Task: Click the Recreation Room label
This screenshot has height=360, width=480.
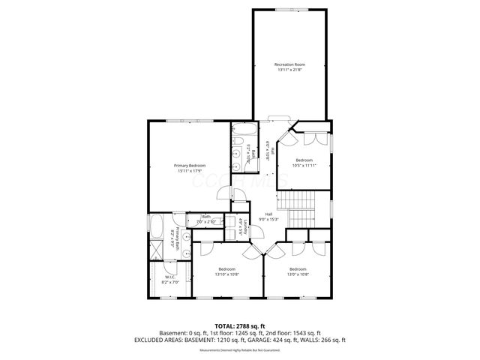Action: (x=289, y=65)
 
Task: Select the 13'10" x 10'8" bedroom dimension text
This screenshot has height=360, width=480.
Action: (x=226, y=274)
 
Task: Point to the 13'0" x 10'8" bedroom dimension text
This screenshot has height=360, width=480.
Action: (x=298, y=274)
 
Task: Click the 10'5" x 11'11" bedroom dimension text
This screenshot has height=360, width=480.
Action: (x=304, y=166)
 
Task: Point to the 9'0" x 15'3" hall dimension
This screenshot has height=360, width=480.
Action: (x=268, y=220)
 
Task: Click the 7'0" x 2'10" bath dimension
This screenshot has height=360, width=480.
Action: (x=206, y=222)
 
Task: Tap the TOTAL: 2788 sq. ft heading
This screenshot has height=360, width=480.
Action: (x=240, y=325)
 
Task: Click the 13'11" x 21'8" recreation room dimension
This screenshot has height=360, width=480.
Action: (x=289, y=70)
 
